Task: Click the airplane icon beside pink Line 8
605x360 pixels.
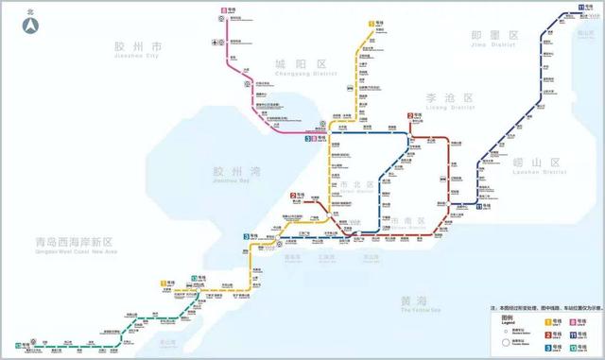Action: pos(216,41)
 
